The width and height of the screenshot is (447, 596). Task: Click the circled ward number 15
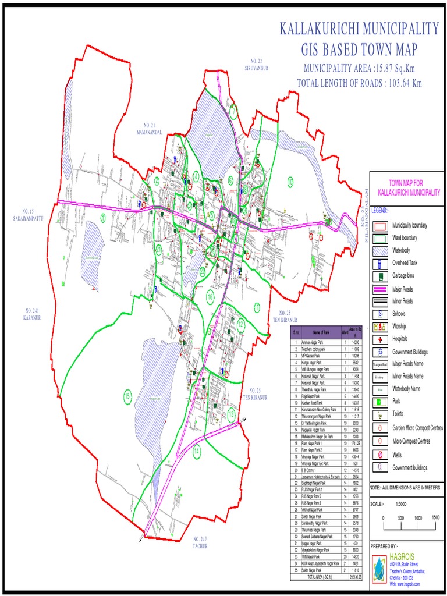point(127,397)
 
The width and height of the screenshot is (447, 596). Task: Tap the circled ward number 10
point(290,182)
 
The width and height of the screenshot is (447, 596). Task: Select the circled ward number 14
point(197,450)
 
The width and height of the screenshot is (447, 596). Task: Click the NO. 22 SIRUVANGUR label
point(257,65)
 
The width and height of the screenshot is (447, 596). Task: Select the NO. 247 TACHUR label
point(200,543)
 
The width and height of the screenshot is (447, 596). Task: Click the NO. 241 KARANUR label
point(31,314)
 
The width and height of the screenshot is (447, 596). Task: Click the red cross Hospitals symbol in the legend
point(381,339)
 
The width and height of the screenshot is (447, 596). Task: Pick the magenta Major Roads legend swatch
point(380,289)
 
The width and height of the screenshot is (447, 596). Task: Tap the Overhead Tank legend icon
point(380,263)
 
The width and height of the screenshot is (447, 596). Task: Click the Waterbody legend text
point(405,250)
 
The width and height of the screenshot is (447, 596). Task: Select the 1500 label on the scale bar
point(435,517)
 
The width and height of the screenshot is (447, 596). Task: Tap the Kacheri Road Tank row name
point(314,403)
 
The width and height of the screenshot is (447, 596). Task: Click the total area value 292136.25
point(354,576)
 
